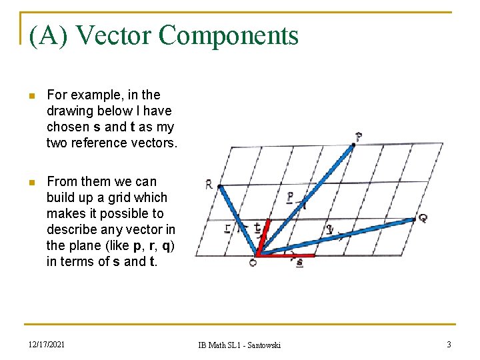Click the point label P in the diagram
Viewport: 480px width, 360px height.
359,137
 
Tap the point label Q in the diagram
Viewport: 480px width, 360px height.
423,217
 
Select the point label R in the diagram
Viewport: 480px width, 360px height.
209,185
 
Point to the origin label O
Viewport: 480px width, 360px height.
253,263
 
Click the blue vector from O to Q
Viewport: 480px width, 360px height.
340,235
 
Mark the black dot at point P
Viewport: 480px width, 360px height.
353,145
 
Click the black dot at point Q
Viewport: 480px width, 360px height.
414,219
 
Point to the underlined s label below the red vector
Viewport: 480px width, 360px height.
299,263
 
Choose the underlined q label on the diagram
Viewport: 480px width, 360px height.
330,229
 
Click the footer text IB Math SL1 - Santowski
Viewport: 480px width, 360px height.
239,345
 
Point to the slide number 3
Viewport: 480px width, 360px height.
449,344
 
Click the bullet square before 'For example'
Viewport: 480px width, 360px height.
29,96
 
